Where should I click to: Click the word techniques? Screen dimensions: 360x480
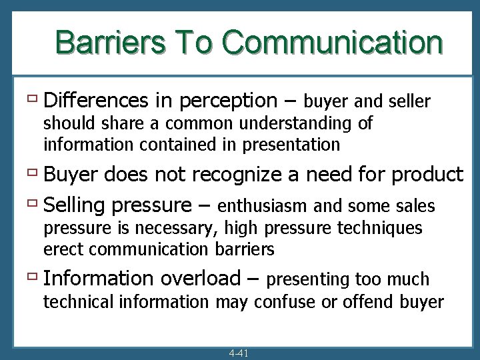pyautogui.click(x=381, y=228)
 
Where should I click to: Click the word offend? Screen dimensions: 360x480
pyautogui.click(x=355, y=301)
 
